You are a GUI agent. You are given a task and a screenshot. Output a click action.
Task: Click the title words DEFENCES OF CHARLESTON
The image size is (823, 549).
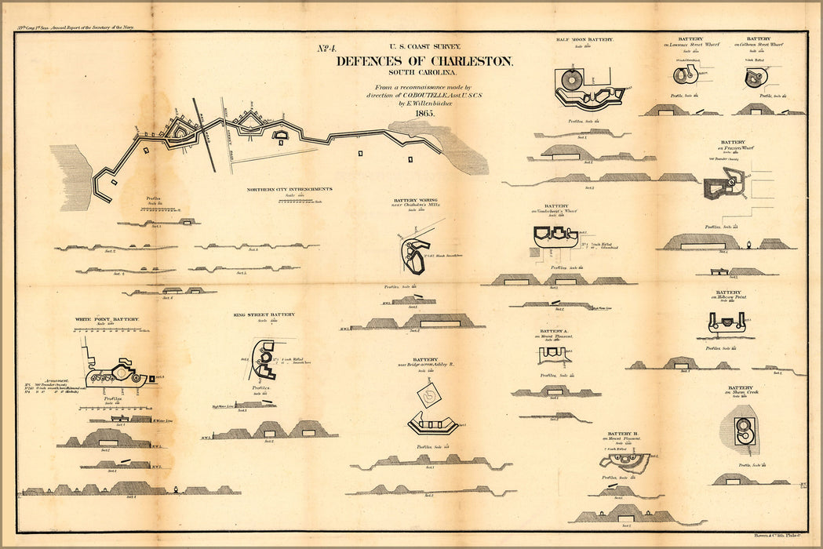click(x=424, y=61)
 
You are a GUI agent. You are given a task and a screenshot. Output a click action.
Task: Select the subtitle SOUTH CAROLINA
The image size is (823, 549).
click(x=424, y=73)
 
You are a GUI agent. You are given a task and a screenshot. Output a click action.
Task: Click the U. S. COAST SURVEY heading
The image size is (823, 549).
click(x=424, y=48)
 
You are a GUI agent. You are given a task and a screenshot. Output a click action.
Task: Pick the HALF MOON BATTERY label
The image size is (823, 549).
click(x=584, y=39)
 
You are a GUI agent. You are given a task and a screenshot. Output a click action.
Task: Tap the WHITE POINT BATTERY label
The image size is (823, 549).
click(x=107, y=320)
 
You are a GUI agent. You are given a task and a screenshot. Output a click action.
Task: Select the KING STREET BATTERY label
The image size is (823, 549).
click(x=264, y=314)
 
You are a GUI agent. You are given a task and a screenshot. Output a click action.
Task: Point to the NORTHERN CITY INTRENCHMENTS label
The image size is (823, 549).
click(x=290, y=189)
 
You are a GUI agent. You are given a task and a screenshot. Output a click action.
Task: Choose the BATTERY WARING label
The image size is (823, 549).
click(x=416, y=200)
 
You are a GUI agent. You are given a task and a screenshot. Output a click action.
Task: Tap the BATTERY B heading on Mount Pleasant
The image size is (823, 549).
click(x=622, y=433)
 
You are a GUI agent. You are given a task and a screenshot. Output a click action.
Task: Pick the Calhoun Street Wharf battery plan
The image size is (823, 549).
click(x=756, y=77)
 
